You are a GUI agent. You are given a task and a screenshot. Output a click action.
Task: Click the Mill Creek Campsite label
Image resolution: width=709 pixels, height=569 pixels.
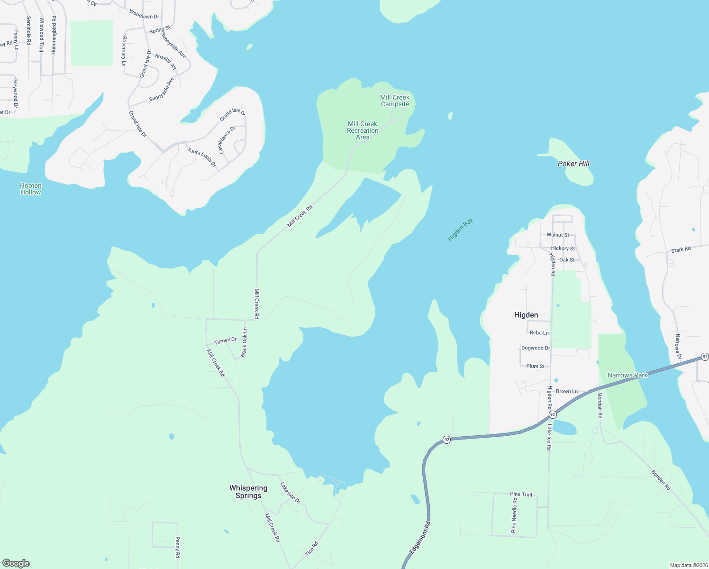395,101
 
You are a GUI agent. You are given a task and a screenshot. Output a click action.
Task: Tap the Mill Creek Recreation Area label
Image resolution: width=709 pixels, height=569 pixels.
363,130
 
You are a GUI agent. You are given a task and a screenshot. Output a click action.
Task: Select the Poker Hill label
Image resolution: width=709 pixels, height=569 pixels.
573,164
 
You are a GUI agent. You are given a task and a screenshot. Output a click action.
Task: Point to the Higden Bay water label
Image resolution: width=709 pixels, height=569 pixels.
460,229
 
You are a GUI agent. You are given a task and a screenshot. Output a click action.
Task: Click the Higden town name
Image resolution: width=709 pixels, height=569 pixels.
526,315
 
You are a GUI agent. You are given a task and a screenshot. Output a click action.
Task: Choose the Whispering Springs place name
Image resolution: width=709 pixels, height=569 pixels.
248,492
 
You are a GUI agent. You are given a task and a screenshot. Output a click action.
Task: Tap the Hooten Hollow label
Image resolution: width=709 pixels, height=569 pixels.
31,189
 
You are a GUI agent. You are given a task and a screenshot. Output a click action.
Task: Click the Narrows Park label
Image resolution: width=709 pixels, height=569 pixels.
627,375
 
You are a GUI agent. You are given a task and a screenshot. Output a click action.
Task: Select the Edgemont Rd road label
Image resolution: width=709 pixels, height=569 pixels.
420,538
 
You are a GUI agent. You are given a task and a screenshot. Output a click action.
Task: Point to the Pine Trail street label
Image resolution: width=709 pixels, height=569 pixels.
521,494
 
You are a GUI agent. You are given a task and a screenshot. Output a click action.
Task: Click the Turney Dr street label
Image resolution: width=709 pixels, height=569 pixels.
225,340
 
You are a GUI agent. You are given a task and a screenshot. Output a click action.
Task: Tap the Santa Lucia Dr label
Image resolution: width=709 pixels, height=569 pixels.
202,157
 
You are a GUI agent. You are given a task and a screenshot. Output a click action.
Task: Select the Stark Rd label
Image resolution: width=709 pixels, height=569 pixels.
681,249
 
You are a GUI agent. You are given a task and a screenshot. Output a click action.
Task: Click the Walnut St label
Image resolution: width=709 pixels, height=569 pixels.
558,235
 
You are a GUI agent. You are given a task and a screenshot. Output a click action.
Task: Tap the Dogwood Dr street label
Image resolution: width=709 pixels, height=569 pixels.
536,348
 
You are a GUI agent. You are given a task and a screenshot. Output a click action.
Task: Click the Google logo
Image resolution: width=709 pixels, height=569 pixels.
16,563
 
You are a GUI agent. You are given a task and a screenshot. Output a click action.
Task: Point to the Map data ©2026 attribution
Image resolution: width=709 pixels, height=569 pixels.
688,565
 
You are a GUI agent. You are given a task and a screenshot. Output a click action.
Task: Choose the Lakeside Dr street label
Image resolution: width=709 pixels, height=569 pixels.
290,493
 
